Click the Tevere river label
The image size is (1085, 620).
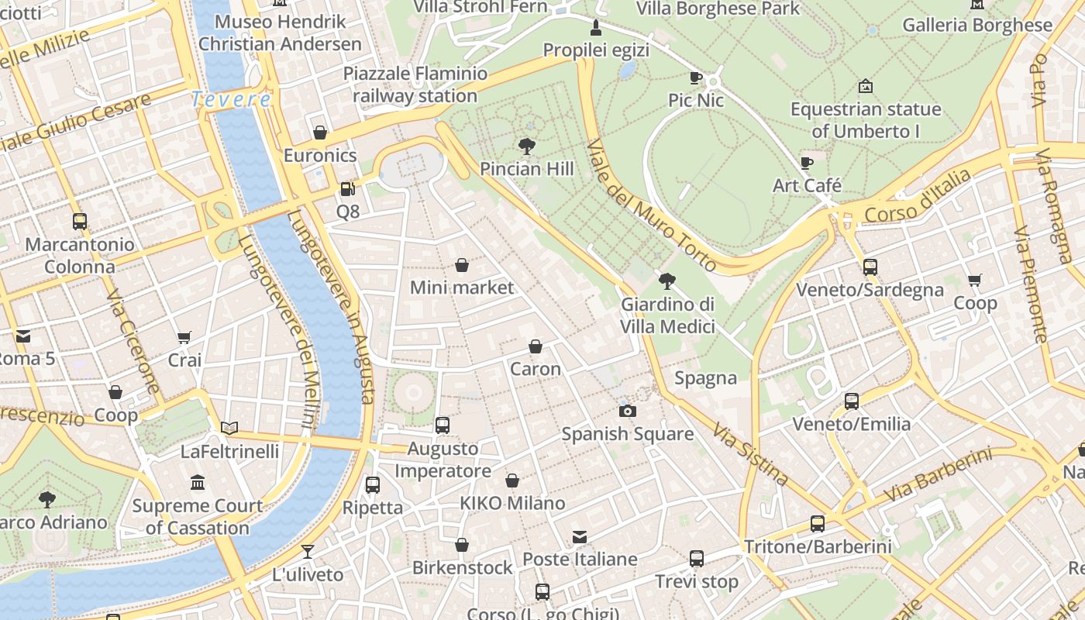(231, 99)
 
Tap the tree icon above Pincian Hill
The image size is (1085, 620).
(527, 146)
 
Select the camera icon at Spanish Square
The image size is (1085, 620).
(628, 411)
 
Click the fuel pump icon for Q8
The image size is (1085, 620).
(348, 188)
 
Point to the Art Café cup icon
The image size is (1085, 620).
(807, 163)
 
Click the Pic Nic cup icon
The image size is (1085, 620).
(695, 77)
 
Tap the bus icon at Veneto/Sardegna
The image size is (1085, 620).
(870, 267)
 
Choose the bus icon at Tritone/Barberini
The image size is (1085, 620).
(818, 523)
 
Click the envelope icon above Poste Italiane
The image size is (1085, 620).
(580, 536)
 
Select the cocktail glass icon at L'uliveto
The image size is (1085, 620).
(308, 552)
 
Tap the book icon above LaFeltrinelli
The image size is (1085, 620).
(229, 428)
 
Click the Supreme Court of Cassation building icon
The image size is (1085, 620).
(197, 483)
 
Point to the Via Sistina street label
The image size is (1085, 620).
(750, 454)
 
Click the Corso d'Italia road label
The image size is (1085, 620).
(917, 197)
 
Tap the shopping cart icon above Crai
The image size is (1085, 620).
(184, 337)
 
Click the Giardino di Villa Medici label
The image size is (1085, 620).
(667, 315)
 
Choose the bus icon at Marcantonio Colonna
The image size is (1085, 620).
(79, 222)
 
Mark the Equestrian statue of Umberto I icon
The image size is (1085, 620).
(866, 86)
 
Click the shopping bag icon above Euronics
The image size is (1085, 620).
(320, 133)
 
